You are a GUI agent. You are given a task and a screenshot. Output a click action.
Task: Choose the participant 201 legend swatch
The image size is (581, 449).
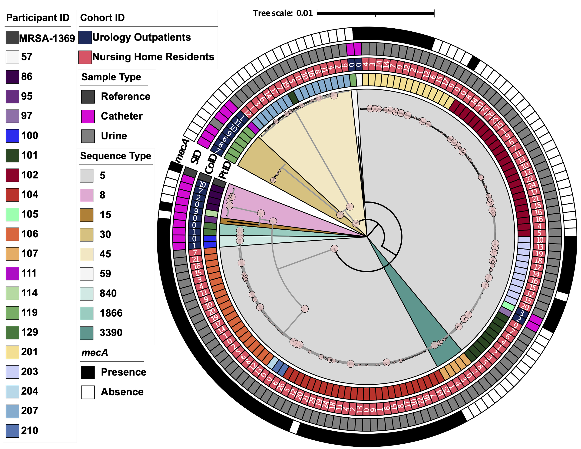tap(12, 352)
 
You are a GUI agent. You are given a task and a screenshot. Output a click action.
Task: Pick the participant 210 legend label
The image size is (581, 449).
tap(30, 430)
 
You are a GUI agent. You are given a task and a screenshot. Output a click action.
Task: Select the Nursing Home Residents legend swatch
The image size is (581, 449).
tap(85, 57)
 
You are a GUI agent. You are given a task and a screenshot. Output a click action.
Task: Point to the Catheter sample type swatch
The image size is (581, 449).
tap(88, 116)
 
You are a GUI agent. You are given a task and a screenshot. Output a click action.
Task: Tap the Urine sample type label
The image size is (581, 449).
tap(114, 136)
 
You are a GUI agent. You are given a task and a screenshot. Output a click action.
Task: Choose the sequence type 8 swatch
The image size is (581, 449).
tap(86, 195)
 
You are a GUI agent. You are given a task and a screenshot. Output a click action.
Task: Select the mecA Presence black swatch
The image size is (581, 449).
tap(88, 372)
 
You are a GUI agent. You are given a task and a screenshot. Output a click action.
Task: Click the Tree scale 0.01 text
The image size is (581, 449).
tap(283, 13)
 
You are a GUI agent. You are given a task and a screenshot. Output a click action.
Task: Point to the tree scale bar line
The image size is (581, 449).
tap(375, 13)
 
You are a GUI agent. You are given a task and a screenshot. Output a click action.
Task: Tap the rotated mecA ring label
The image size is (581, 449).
tap(182, 151)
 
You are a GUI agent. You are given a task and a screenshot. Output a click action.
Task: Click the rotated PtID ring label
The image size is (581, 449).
tap(225, 170)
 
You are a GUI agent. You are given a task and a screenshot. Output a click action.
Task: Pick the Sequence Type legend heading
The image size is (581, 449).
tap(116, 156)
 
